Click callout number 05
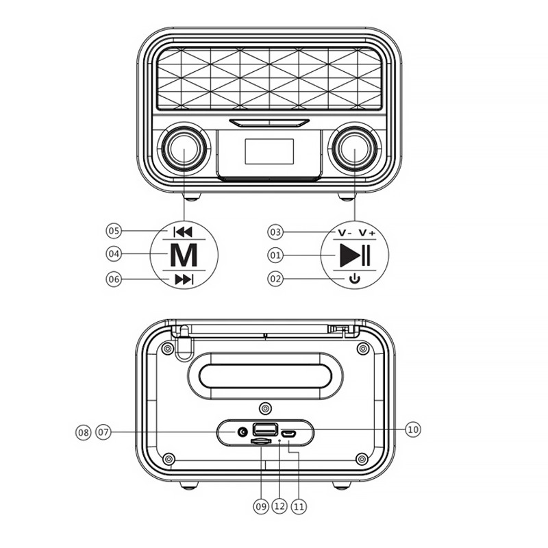click(114, 231)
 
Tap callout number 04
click(114, 253)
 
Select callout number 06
click(114, 279)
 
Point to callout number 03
click(275, 232)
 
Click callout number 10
click(413, 429)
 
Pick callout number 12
click(279, 506)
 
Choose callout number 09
click(261, 506)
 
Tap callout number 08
click(83, 433)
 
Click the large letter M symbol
click(184, 255)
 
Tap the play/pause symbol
click(355, 256)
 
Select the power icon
click(355, 279)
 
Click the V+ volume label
click(367, 232)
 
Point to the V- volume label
click(345, 233)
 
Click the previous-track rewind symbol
click(183, 232)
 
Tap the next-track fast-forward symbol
click(184, 279)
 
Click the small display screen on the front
click(269, 151)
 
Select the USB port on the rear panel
click(265, 429)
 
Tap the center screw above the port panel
click(266, 408)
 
